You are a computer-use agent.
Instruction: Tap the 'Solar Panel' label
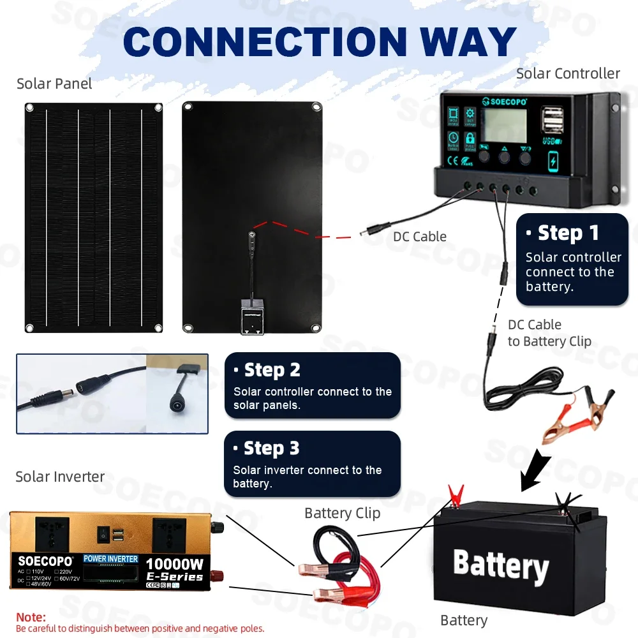pos(54,84)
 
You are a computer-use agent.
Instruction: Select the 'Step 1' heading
pos(568,233)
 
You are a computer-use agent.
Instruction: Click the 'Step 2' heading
pos(272,370)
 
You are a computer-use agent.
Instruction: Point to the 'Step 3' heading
pos(271,449)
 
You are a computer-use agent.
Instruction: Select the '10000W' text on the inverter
pos(175,564)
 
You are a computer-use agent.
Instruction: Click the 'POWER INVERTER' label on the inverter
pos(110,559)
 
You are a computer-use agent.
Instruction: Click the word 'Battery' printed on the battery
pos(500,565)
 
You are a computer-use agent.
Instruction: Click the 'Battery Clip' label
pos(342,513)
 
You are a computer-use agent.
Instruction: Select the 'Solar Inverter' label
pos(60,477)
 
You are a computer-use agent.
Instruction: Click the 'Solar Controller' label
pos(568,73)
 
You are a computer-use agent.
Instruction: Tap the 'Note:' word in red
pos(31,618)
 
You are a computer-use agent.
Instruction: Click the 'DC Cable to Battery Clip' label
pos(549,333)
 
